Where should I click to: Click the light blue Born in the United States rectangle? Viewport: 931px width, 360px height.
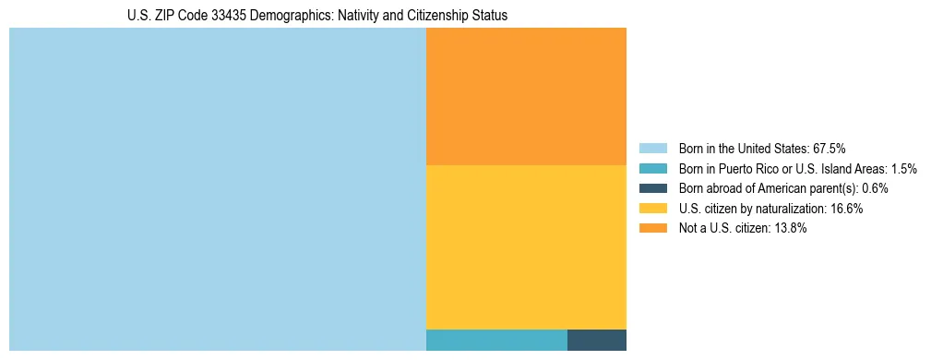(x=217, y=188)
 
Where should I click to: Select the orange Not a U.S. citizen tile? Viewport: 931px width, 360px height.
(x=526, y=96)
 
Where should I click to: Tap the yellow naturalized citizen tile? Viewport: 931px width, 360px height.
(x=526, y=246)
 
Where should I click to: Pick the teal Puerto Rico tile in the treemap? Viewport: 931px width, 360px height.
(x=496, y=340)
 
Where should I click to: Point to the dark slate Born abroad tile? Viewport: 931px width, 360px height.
(x=596, y=340)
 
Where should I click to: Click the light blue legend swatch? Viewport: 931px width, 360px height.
(x=652, y=149)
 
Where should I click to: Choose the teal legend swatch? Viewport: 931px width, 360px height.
(x=652, y=169)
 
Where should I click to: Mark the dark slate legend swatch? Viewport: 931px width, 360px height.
(x=652, y=188)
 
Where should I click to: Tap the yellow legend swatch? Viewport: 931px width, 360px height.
(x=652, y=209)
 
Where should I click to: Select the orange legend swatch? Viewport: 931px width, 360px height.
(x=652, y=229)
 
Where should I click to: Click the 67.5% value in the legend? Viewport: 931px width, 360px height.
(x=829, y=149)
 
